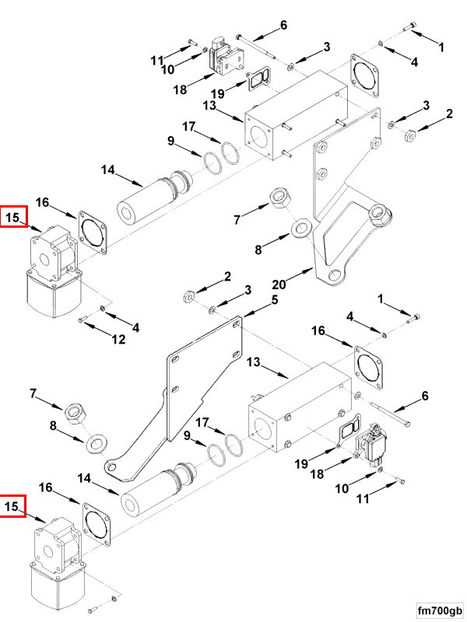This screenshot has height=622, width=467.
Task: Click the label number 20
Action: point(279,285)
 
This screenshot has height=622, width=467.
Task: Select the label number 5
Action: point(275,300)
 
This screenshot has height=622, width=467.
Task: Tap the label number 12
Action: point(118,339)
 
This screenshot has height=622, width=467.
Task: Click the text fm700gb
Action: point(440,610)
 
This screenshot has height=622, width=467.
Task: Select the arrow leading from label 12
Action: point(97,330)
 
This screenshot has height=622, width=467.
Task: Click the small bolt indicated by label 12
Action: point(83,320)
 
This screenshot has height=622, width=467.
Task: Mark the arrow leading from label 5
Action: point(256,310)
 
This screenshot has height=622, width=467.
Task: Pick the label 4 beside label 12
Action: point(135,327)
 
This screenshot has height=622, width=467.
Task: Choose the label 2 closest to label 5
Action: point(227,276)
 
